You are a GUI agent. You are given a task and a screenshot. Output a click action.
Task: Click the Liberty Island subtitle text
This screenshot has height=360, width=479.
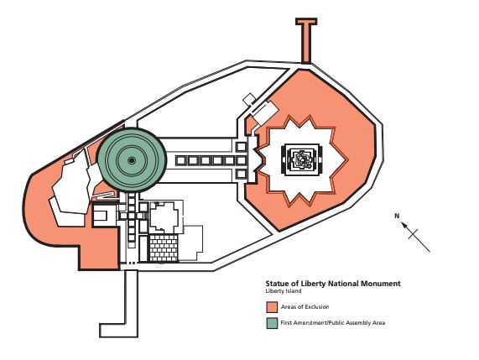pos(283,291)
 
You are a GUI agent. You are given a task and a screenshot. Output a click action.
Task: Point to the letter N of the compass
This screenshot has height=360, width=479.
pos(397,216)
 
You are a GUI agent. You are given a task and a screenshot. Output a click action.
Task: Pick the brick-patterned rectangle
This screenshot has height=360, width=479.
pos(164,248)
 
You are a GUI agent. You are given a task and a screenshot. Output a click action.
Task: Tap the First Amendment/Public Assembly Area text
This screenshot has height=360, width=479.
pos(332,322)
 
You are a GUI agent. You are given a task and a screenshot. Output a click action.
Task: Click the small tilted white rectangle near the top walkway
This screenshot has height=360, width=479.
pos(249,99)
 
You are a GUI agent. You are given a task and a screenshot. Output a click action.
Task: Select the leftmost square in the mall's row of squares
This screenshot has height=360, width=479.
pos(179,159)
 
